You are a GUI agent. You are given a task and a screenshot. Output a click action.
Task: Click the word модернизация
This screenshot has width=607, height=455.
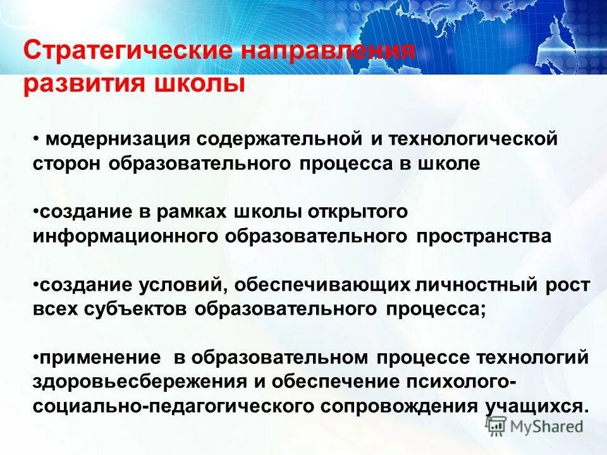coord(114,139)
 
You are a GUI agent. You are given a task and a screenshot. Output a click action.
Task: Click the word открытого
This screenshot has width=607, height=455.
coord(358,212)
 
